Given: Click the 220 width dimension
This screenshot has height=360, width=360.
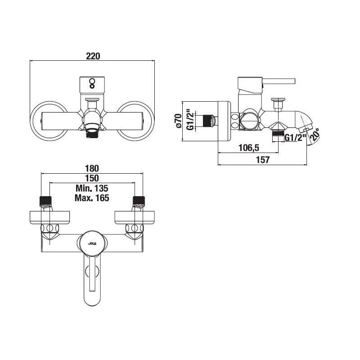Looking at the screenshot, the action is [x=93, y=56].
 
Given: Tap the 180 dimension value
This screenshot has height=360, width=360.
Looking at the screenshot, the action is [x=92, y=168].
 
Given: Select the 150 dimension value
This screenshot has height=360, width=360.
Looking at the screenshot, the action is [x=92, y=178].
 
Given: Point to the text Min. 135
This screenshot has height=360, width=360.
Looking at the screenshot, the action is [x=92, y=188].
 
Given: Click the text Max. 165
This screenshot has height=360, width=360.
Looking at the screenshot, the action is [x=92, y=198].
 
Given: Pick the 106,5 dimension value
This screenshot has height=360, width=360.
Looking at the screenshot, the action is [x=249, y=148].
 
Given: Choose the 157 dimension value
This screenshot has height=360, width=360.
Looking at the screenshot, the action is [x=263, y=160].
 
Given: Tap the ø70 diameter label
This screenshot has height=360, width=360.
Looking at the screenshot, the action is [x=178, y=121].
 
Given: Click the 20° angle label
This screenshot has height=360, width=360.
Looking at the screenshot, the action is [x=314, y=135].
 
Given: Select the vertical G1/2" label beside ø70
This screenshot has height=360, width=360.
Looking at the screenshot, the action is [x=190, y=120].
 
